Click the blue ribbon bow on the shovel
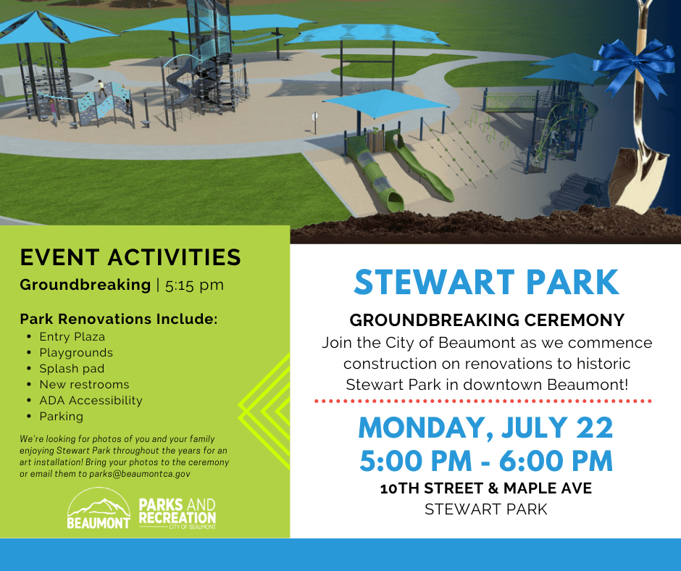633,65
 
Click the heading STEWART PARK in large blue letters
486,283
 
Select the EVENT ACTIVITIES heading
130,257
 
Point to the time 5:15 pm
195,285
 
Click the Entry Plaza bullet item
72,337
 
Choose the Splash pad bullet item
72,369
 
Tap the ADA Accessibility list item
91,401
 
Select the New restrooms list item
84,385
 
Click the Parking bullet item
62,417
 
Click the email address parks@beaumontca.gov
140,474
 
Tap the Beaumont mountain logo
99,508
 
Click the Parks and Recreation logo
177,513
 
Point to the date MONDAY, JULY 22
485,428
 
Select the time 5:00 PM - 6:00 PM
486,461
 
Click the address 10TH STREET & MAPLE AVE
486,488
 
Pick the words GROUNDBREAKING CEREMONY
487,320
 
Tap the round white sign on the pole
314,116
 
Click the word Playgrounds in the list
76,353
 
